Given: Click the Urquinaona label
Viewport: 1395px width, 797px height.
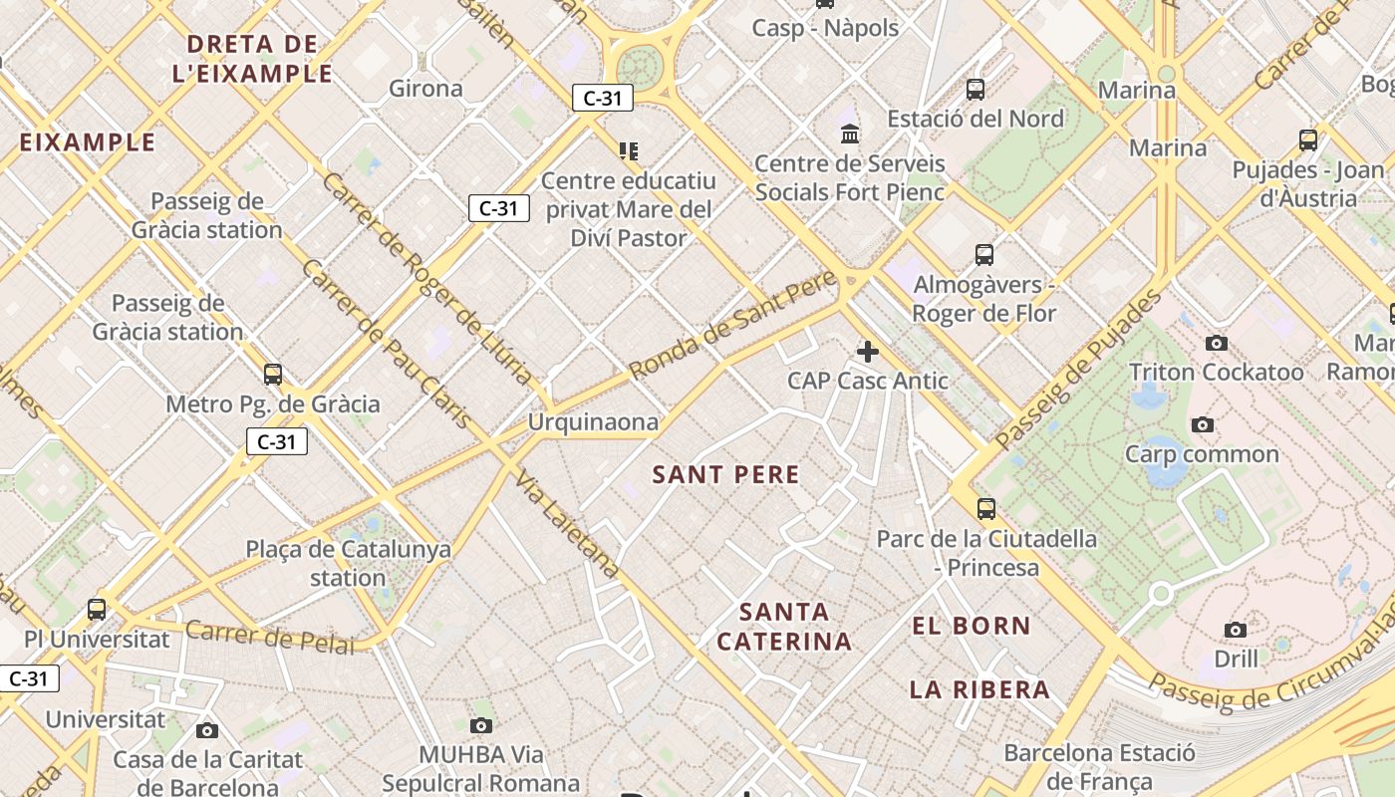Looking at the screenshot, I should coord(593,422).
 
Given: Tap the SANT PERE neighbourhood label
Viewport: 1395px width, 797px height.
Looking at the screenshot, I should coord(725,474).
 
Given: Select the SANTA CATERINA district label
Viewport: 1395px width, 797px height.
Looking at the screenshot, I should coord(784,626).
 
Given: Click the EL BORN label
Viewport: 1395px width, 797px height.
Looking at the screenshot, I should coord(972,626).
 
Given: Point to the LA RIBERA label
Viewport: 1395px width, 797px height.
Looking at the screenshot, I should coord(979,689).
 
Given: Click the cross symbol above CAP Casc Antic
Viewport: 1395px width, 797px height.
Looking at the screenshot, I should coord(868,351).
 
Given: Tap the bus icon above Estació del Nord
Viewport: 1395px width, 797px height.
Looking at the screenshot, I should coord(976,90).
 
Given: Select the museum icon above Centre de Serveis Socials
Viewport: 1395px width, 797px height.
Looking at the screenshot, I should coord(850,133).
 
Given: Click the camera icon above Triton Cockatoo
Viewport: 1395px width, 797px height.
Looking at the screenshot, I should coord(1217,344).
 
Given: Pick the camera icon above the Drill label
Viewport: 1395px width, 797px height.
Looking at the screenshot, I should coord(1236,630).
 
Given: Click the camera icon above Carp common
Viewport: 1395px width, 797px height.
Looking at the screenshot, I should coord(1203,425).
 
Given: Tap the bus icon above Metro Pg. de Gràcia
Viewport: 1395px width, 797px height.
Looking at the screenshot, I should coord(273,375).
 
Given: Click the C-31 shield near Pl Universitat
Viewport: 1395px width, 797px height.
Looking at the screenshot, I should coord(28,679).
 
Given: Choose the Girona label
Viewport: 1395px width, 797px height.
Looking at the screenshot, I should coord(425,89).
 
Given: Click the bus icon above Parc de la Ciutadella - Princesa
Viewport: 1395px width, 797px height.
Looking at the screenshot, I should coord(986,509).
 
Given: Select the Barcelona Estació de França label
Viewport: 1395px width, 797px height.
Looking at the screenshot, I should coord(1098,766).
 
